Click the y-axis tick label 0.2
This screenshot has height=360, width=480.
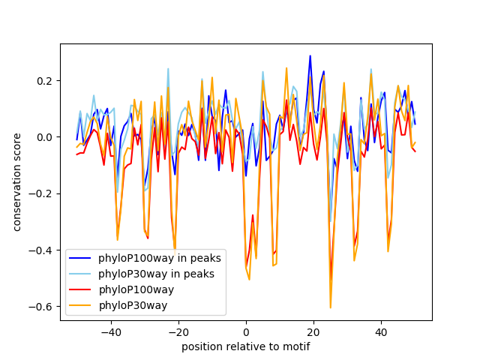pos(44,80)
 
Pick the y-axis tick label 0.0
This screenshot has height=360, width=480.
pos(44,137)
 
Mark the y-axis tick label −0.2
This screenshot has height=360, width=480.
pos(41,193)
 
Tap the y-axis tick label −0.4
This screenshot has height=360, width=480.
pos(41,250)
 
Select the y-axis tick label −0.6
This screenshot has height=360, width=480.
pos(41,307)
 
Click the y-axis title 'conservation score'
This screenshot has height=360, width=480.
pos(16,182)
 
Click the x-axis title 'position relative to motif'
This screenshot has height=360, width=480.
pos(245,346)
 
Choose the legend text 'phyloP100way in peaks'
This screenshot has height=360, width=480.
pos(160,258)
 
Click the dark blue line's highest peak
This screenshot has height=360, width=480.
pos(310,55)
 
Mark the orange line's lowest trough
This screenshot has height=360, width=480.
pos(330,307)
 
